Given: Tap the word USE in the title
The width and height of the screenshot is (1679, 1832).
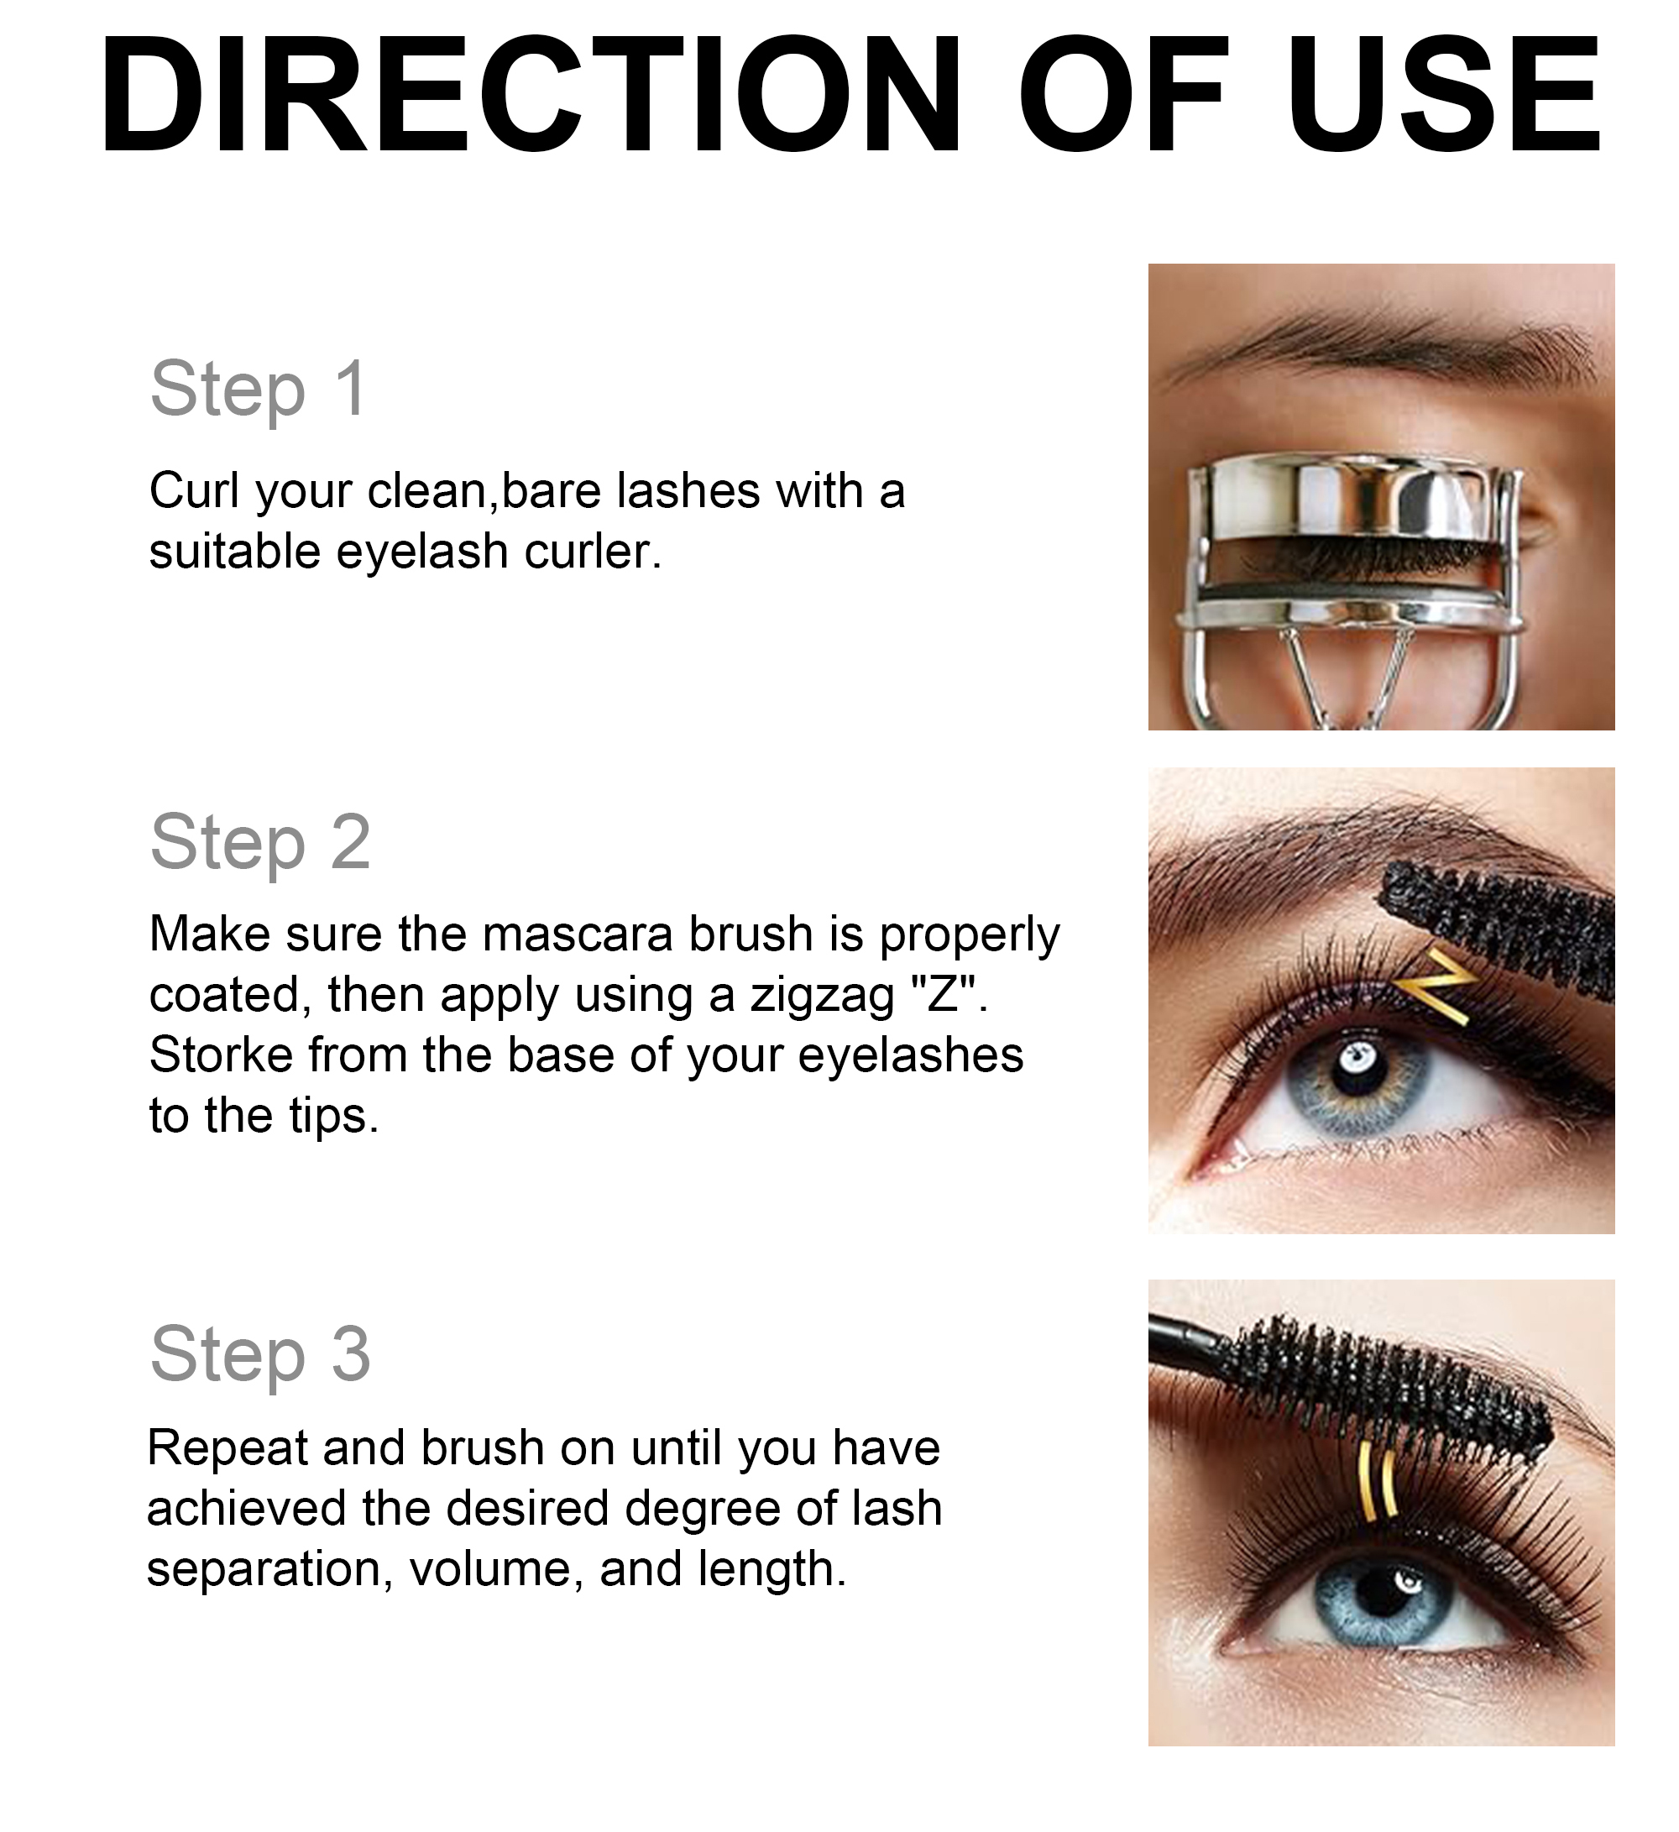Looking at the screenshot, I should (1445, 96).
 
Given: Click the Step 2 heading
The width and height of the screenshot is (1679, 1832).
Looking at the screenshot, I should (261, 842).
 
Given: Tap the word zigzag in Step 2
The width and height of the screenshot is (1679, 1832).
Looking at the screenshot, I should (822, 995).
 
